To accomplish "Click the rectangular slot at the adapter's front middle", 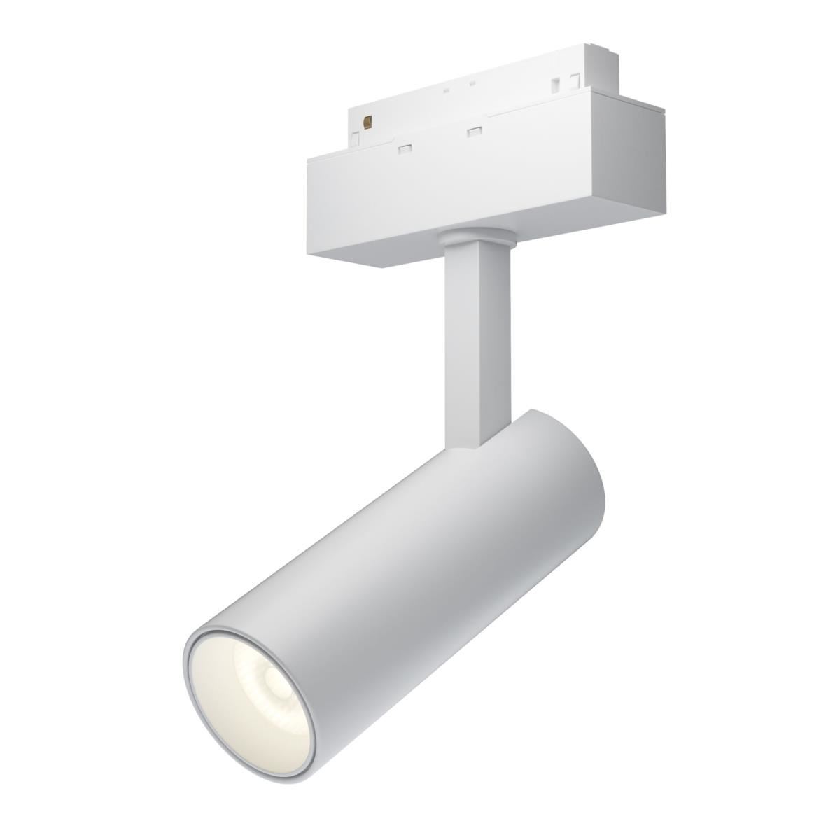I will click(473, 131).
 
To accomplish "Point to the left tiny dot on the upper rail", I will click(446, 89).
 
